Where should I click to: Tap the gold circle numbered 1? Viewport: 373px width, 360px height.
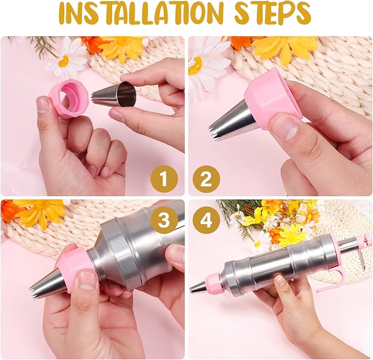[164, 179]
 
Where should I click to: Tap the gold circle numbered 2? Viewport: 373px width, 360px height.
[207, 179]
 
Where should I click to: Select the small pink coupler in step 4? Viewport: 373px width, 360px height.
[214, 281]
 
